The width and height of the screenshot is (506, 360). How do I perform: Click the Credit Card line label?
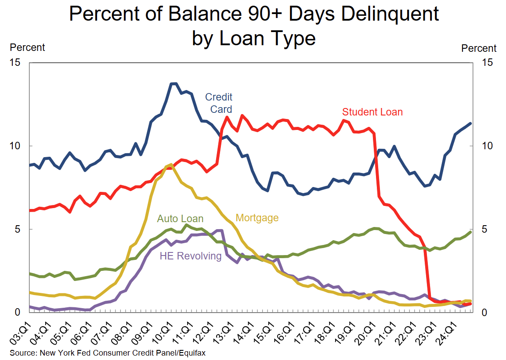(219, 103)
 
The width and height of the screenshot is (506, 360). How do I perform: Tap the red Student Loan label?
(372, 112)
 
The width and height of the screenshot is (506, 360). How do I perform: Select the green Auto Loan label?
(180, 219)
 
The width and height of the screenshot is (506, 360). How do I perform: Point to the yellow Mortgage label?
(257, 218)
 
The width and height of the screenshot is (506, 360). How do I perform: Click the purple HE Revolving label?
(190, 256)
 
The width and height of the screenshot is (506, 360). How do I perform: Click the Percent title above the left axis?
(27, 47)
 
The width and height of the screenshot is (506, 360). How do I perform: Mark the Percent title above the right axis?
(479, 48)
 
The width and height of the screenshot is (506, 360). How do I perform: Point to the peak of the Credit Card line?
(173, 83)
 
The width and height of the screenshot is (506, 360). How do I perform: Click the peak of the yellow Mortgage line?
(170, 164)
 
